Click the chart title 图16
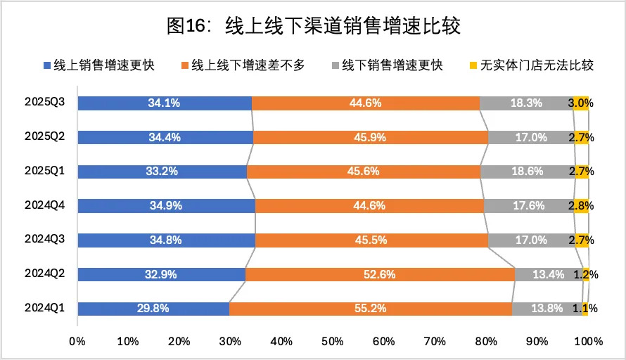314,26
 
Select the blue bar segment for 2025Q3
165,103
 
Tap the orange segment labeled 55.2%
371,309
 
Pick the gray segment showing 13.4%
549,275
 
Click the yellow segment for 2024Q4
581,206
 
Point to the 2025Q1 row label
44,171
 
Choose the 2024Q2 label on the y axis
44,274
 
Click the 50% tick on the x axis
333,342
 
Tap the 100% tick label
589,342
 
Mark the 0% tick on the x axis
77,342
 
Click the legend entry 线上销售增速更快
99,65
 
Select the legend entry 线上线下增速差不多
243,65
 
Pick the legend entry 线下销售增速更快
388,65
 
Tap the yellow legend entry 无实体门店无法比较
532,65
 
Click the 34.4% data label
165,138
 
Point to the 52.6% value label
379,275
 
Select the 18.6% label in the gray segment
528,172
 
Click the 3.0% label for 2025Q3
581,103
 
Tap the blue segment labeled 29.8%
154,309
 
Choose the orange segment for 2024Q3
371,240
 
